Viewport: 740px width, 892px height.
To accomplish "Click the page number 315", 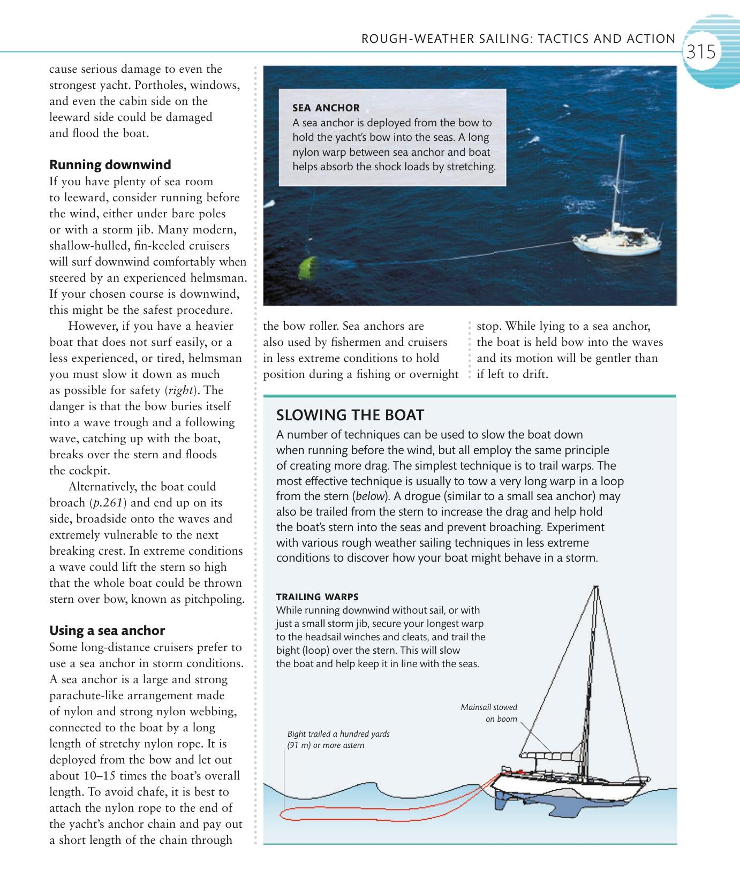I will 701,52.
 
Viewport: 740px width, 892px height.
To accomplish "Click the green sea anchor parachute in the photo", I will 308,268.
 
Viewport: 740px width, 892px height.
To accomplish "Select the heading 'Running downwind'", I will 110,164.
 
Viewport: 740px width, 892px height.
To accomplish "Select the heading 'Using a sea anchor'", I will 107,630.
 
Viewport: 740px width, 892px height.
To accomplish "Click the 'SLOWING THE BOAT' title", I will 350,415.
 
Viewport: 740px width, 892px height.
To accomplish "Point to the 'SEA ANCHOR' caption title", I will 326,108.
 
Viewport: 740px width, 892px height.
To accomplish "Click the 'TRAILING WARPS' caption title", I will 317,596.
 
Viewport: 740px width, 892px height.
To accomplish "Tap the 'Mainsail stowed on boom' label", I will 490,713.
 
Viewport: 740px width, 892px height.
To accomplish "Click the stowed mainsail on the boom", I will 552,755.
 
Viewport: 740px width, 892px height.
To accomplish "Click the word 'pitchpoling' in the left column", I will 214,599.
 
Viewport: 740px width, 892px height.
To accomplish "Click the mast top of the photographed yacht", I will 623,137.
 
